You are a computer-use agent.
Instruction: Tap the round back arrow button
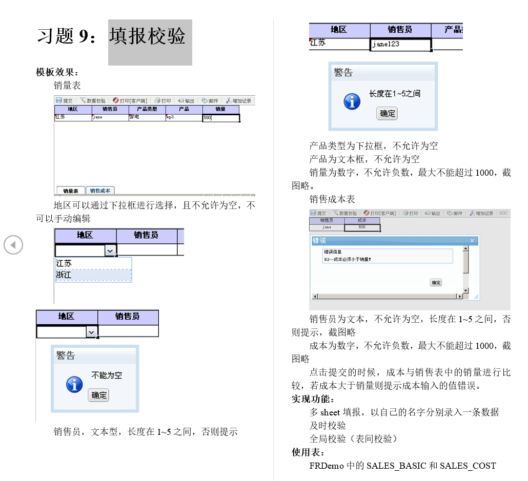coord(13,245)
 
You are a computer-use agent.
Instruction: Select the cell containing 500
coord(221,118)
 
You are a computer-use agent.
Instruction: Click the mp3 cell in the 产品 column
coord(184,117)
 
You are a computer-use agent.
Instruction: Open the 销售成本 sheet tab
coord(100,191)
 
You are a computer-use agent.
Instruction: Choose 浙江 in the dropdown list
coord(93,275)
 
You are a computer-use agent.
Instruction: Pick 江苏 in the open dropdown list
coord(93,263)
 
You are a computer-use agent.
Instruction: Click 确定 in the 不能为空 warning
coord(98,395)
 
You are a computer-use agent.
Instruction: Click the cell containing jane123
coord(400,45)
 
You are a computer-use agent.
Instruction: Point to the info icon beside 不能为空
coord(74,384)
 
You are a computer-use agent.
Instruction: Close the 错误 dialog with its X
coord(472,241)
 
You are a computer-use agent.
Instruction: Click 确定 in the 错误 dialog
coord(436,282)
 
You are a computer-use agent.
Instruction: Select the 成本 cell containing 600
coord(362,227)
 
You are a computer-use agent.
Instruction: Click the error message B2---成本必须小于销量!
coord(347,260)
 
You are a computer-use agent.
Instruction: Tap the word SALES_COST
coord(468,466)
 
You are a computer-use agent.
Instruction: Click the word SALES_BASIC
coord(396,466)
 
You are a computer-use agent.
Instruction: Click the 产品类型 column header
coord(147,110)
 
